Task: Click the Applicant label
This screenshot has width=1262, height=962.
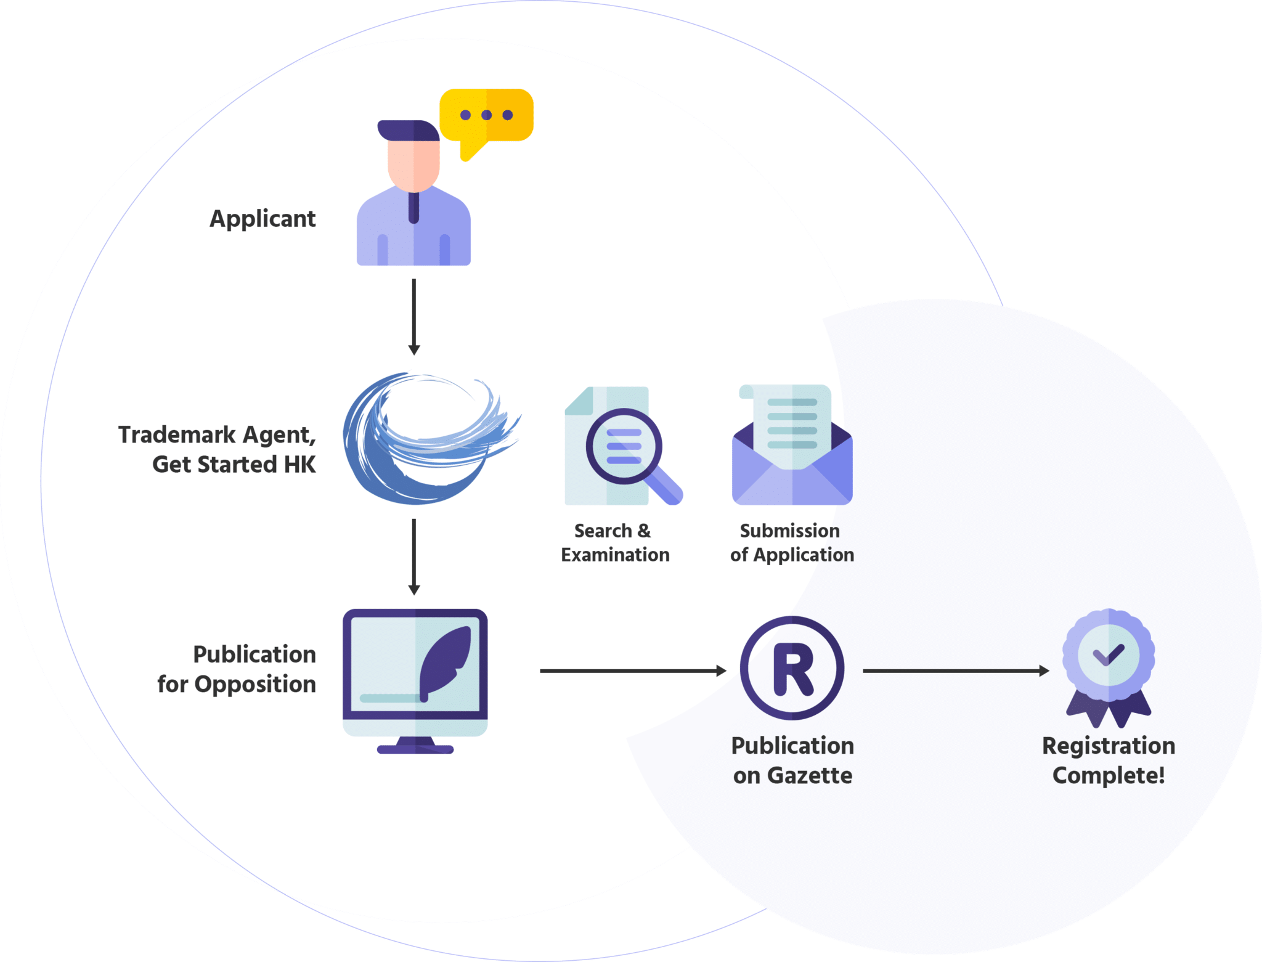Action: coord(263,219)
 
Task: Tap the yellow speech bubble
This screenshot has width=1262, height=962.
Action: coord(486,116)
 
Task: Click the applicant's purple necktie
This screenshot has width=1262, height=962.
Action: coord(413,207)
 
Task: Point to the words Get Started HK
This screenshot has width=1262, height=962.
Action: coord(234,464)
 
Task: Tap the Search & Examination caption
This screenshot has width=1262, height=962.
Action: coord(614,543)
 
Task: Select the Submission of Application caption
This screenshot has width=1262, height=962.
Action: coord(792,543)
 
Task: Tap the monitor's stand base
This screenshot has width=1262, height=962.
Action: coord(415,749)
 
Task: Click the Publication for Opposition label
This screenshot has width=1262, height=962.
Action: coord(237,669)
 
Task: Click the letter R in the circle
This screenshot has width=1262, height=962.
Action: coord(792,669)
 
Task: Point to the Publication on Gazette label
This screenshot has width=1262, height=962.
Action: coord(792,760)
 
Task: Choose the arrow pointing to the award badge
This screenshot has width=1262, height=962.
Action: coord(956,671)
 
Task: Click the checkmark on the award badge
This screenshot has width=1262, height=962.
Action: coord(1109,654)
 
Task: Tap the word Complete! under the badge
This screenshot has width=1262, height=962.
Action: coord(1109,775)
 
